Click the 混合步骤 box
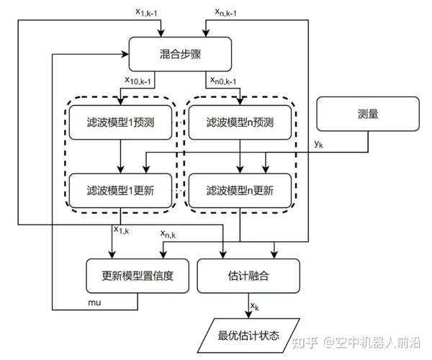click(x=179, y=53)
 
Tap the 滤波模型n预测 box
click(x=240, y=122)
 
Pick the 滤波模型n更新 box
click(x=240, y=189)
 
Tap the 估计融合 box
click(x=248, y=274)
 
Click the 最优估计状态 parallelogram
click(x=248, y=333)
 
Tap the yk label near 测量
click(x=318, y=145)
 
